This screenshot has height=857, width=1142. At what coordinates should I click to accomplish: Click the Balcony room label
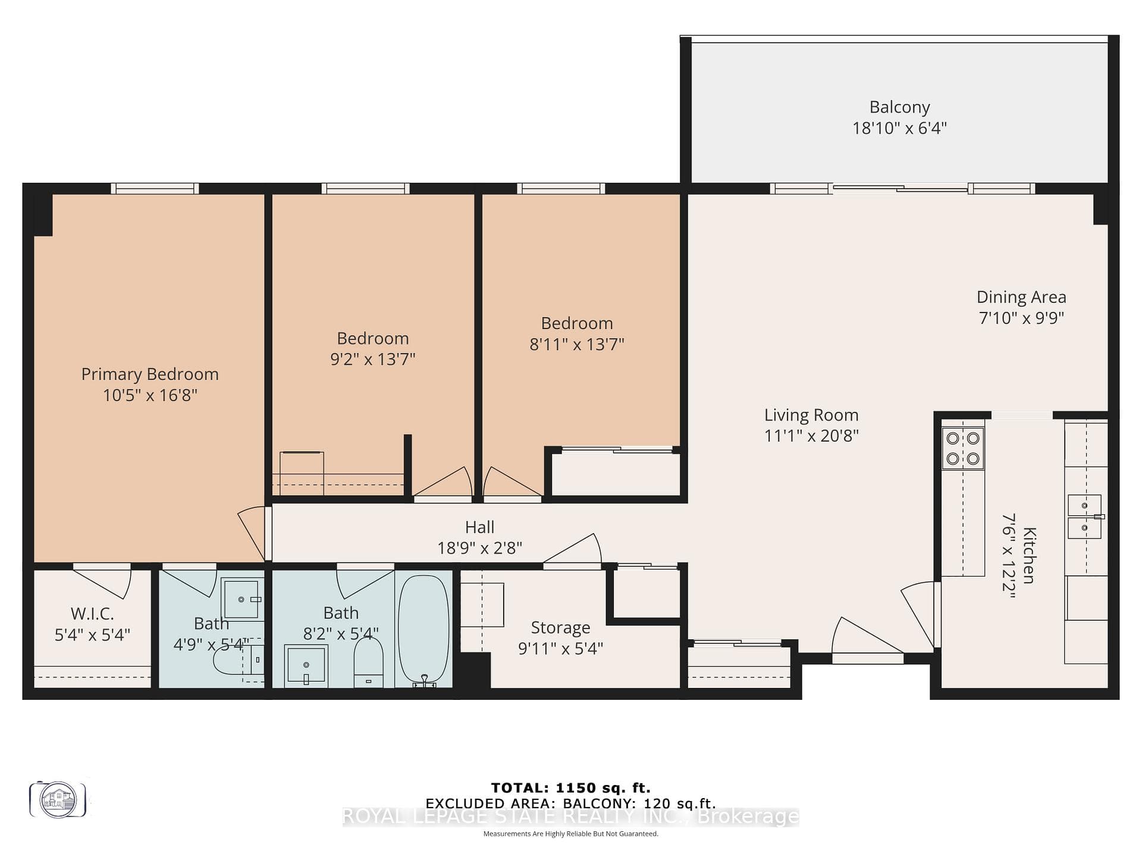point(899,107)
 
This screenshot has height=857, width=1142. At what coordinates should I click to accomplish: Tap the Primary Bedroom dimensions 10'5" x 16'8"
point(150,395)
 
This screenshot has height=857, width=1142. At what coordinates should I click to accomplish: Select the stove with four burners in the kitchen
point(963,449)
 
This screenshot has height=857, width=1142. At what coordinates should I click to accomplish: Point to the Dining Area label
point(1021,297)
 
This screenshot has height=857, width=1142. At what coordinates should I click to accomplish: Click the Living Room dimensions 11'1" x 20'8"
point(811,436)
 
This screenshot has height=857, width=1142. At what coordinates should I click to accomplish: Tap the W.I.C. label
point(92,614)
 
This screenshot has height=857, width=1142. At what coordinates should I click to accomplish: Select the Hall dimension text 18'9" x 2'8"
point(480,548)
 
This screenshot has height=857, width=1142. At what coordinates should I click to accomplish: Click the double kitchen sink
point(1085,516)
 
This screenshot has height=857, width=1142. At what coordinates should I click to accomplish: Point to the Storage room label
point(560,628)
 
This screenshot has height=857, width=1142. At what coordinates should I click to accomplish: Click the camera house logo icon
point(58,799)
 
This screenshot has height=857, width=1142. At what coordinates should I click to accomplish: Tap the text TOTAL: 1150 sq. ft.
point(571,788)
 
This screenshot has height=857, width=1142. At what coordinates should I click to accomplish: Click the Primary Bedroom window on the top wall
point(155,188)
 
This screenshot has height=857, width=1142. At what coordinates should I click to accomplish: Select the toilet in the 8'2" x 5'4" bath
point(368,662)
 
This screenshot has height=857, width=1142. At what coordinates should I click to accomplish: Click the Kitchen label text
point(1029,555)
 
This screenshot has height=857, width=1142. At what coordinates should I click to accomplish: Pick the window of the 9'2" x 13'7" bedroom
point(365,188)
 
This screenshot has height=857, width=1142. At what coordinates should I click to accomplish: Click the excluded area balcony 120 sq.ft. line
point(571,804)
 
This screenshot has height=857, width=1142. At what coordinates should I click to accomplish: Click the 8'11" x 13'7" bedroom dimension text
point(577,344)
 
